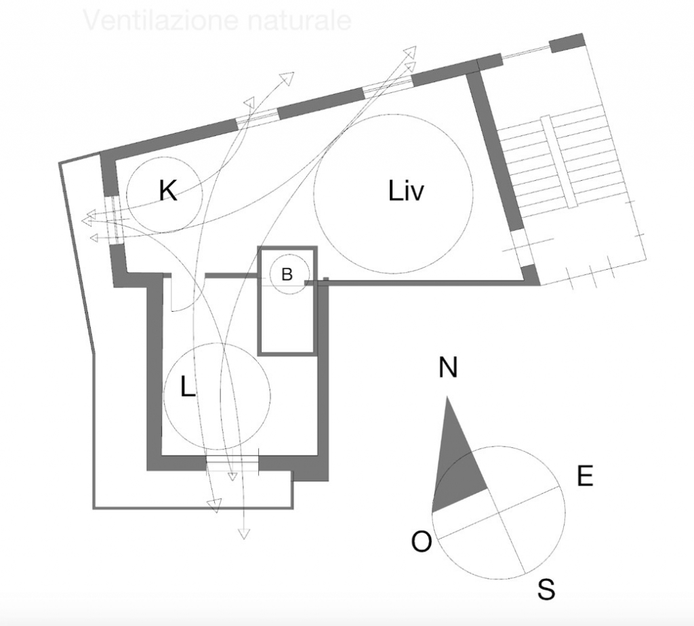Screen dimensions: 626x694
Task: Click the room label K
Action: coord(167,192)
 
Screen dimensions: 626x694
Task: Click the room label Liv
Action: coord(406,192)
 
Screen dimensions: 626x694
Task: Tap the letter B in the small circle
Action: coord(287,274)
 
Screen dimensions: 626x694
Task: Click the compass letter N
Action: coord(448,368)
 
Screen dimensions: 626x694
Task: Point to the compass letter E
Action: coord(585,477)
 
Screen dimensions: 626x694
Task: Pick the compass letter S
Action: coord(546,589)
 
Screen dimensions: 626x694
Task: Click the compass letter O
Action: coord(422,542)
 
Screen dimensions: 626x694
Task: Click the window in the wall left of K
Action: coord(113,219)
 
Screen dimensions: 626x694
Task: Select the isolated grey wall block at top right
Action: coord(566,42)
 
